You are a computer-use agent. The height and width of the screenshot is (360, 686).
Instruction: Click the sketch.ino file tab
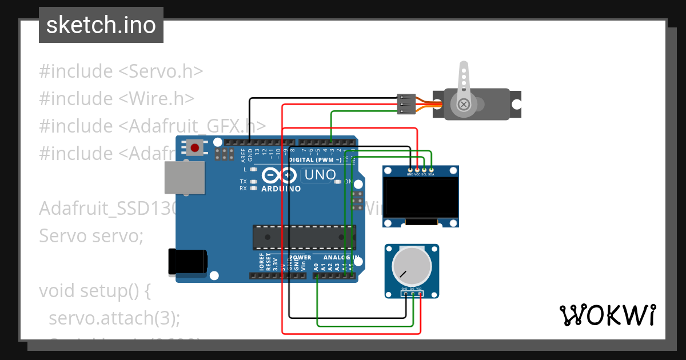101,25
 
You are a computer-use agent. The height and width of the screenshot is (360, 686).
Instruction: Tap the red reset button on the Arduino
195,148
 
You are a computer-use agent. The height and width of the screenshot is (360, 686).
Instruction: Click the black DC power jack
187,262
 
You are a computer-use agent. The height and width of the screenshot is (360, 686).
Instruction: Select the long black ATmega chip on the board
304,237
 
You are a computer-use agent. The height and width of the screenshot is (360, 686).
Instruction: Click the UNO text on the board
320,175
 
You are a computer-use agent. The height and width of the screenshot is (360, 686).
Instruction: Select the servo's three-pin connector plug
405,104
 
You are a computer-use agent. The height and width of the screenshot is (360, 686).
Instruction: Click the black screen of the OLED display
421,197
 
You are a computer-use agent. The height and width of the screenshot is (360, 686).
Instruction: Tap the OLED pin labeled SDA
431,170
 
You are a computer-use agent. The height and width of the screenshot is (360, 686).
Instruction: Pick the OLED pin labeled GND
410,170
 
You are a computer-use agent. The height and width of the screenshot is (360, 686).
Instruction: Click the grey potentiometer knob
412,267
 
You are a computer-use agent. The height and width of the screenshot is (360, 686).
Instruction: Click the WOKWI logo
607,315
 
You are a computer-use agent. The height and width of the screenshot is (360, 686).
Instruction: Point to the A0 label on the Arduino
316,266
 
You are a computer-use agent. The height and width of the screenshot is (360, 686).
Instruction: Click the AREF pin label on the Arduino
243,153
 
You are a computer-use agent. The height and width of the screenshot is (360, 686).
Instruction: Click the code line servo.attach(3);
114,318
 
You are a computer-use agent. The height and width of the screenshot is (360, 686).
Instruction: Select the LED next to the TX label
253,182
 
